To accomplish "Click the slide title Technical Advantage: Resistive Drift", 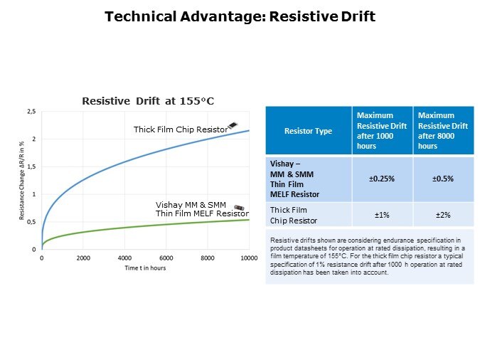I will click(x=240, y=16).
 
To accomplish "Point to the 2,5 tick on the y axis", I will click(x=31, y=112).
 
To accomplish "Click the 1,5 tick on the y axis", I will click(x=31, y=167).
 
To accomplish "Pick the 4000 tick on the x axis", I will click(x=124, y=258).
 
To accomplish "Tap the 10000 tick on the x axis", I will click(x=247, y=258).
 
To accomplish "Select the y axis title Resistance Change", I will click(x=22, y=180).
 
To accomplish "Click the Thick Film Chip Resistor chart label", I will click(x=181, y=129).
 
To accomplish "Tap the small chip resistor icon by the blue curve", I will click(x=233, y=125).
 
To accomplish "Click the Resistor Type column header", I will click(x=308, y=132).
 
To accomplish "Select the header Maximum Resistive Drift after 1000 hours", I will click(x=382, y=130).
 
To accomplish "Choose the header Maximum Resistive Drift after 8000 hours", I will click(x=444, y=130).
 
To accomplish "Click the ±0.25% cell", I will click(x=382, y=179).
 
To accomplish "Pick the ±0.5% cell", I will click(x=444, y=179).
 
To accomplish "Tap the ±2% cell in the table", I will click(x=444, y=215).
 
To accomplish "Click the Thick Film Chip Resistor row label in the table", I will click(x=289, y=215).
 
